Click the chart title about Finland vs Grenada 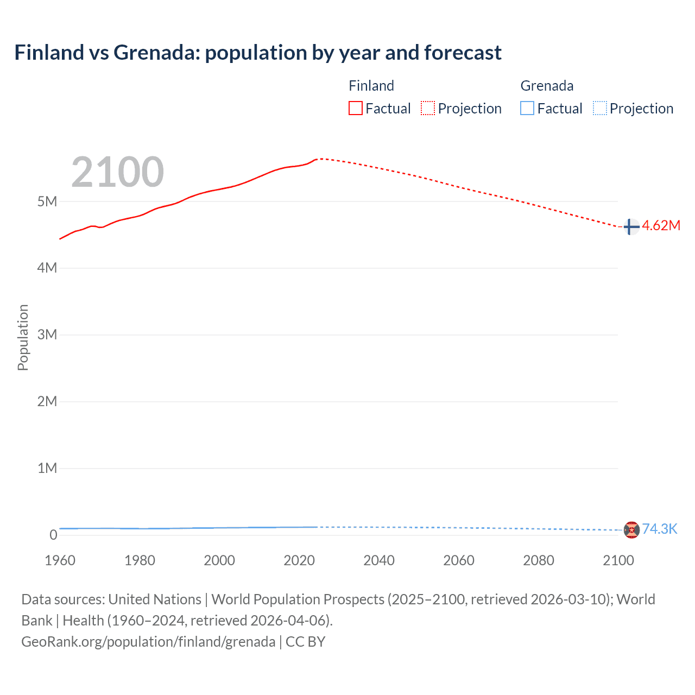tap(258, 53)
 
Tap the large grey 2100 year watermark tap(117, 172)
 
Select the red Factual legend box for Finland tap(356, 108)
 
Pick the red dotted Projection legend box tap(428, 108)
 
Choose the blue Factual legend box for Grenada tap(527, 108)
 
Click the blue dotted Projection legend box tap(600, 108)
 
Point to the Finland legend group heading tap(371, 86)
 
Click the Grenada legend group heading tap(547, 86)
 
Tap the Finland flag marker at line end tap(631, 226)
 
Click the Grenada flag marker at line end tap(631, 529)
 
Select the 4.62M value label tap(661, 226)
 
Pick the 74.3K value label tap(660, 529)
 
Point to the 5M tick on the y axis tap(47, 201)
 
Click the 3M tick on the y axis tap(47, 334)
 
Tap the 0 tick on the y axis tap(53, 535)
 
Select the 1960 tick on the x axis tap(60, 560)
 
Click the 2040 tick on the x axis tap(379, 560)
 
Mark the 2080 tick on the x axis tap(539, 560)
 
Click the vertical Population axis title tap(23, 337)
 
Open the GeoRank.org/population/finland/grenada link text tap(148, 642)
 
